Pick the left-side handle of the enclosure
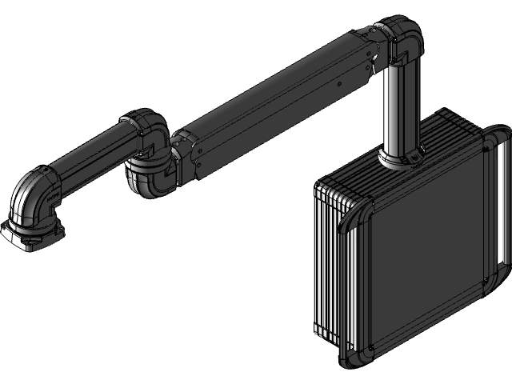352,280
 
